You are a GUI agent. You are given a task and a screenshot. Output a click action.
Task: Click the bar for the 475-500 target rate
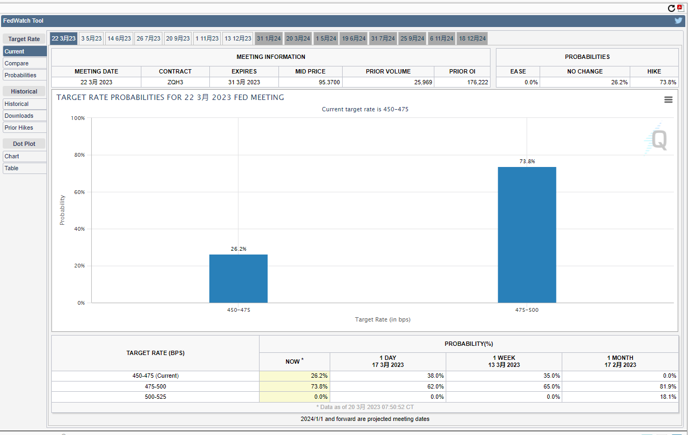click(x=527, y=235)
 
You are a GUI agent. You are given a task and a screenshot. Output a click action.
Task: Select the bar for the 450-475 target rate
click(x=239, y=278)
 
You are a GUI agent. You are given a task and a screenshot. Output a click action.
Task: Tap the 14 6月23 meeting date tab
click(x=119, y=38)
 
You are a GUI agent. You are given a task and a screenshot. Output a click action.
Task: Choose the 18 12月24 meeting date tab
click(x=473, y=38)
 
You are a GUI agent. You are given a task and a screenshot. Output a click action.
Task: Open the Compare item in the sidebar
click(x=17, y=63)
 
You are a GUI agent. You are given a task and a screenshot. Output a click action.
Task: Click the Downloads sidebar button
click(x=19, y=116)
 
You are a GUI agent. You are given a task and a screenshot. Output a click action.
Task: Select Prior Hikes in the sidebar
click(x=19, y=128)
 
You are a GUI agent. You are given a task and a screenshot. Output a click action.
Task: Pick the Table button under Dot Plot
click(x=12, y=168)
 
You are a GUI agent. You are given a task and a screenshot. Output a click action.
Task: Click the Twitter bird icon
click(x=678, y=21)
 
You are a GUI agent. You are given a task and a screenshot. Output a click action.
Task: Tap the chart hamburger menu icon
click(x=668, y=99)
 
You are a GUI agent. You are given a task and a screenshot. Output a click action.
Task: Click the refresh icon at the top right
click(x=671, y=8)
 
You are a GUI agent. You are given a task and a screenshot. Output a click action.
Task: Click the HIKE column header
click(x=654, y=71)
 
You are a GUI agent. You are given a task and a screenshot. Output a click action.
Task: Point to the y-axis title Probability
click(x=62, y=210)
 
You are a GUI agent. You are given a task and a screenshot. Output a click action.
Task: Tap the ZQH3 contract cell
click(x=175, y=82)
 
